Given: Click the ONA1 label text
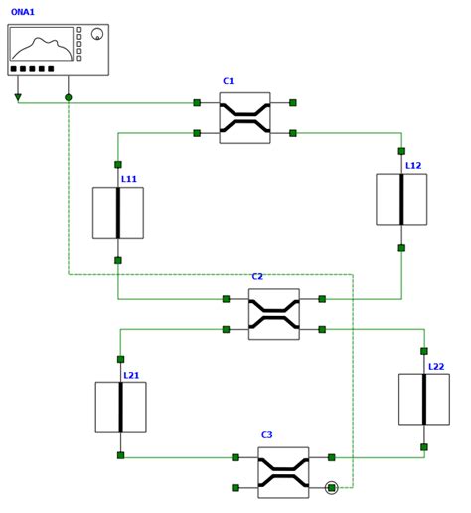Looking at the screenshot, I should (x=22, y=12).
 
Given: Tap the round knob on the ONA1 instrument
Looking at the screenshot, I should (x=97, y=34).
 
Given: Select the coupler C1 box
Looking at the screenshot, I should (x=244, y=118).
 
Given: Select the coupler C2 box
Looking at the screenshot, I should (x=273, y=314).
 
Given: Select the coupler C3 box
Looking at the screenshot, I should (x=283, y=472).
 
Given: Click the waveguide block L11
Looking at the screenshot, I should (x=118, y=213).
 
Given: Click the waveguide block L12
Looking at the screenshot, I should (x=401, y=200).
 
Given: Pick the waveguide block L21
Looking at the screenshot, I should (x=121, y=408).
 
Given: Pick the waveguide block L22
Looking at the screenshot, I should (x=424, y=399).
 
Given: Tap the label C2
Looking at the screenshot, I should (x=257, y=277).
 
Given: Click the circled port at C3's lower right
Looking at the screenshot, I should (x=332, y=487).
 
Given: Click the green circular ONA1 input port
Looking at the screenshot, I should (x=69, y=97).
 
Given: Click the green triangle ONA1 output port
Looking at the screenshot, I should (x=18, y=97).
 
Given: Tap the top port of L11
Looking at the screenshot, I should (x=118, y=165).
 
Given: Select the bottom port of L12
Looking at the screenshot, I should (x=401, y=248).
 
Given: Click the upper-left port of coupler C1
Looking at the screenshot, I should (x=197, y=102).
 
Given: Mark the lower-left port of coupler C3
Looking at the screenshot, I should (x=235, y=488).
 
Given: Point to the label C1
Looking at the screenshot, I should (x=229, y=81).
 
